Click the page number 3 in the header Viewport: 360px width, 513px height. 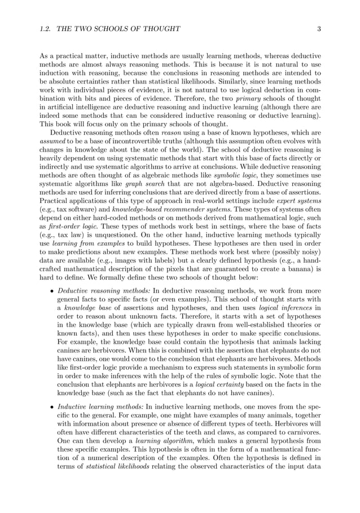[x=319, y=29]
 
